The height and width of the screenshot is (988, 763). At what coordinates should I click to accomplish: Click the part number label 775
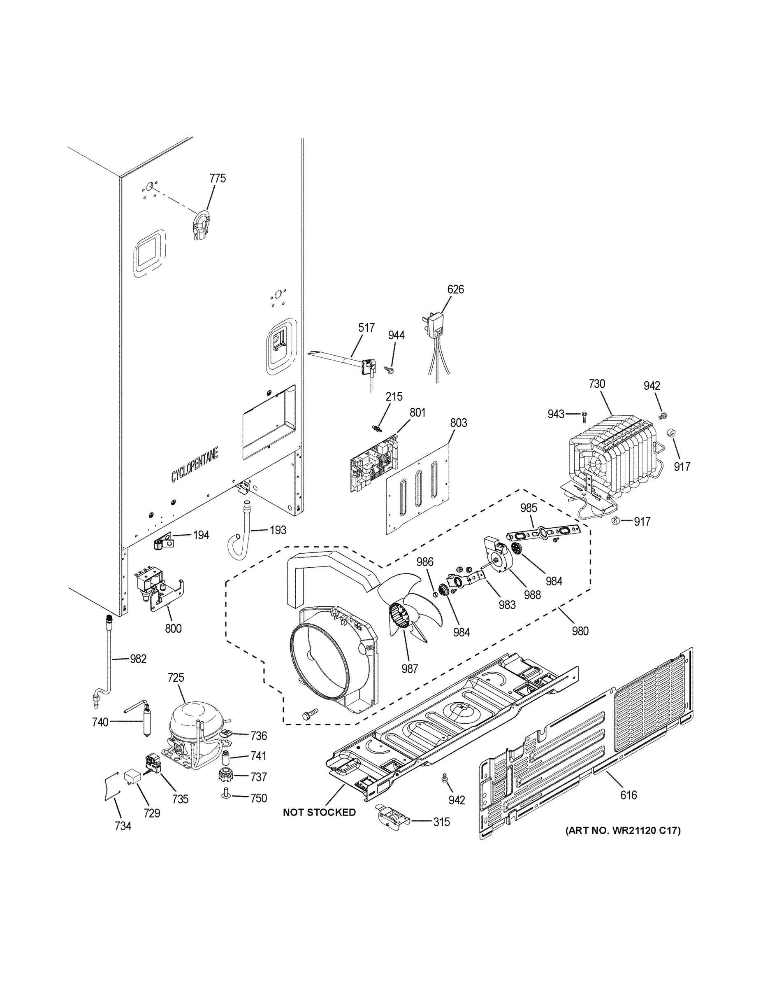click(x=218, y=178)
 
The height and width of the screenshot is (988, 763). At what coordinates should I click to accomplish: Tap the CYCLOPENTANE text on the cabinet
click(x=195, y=465)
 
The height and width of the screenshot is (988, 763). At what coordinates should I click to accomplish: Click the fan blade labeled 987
click(x=407, y=606)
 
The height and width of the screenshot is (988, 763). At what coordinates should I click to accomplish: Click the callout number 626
click(x=455, y=289)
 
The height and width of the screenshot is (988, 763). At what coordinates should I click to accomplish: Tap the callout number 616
click(x=628, y=795)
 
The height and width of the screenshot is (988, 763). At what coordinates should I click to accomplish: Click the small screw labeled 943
click(x=584, y=413)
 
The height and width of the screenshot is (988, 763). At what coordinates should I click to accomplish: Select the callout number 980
click(x=580, y=631)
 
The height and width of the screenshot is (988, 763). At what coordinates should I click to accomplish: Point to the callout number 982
click(x=138, y=659)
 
